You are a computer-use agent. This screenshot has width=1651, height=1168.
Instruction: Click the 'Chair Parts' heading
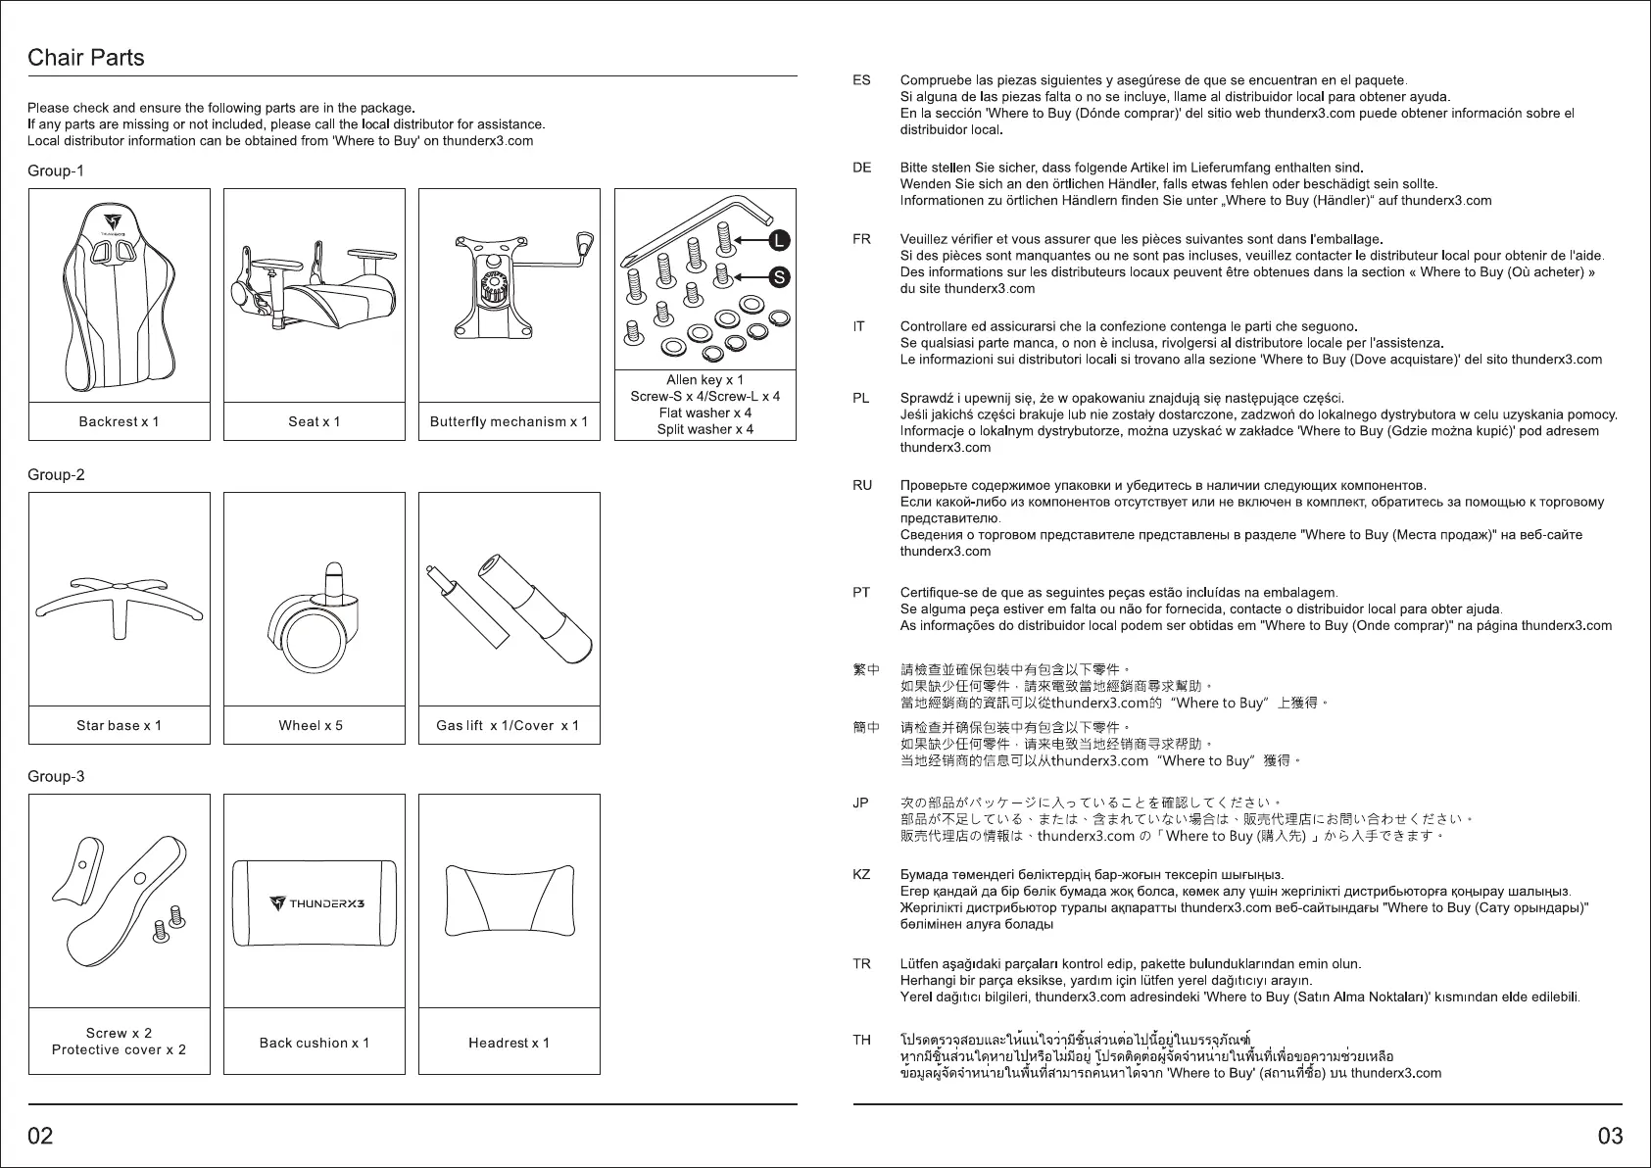coord(86,58)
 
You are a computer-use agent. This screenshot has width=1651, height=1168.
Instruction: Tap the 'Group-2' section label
coord(56,474)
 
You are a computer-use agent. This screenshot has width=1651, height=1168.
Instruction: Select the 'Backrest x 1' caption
coord(119,421)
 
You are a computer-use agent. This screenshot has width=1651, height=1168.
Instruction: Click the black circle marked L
coord(779,239)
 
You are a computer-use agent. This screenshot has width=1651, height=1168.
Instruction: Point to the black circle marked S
coord(779,277)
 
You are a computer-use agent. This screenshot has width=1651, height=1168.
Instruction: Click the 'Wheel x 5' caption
coord(311,725)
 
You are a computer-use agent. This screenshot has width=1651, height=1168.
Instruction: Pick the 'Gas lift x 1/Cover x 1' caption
coord(508,725)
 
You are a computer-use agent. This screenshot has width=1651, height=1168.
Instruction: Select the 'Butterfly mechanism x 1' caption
coord(509,421)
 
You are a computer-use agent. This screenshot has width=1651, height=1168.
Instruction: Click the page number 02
coord(41,1136)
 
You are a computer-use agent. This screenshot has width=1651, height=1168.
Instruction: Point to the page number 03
coord(1610,1136)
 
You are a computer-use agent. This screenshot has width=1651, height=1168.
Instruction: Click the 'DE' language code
coord(861,168)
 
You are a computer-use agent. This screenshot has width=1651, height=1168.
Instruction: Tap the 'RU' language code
coord(862,485)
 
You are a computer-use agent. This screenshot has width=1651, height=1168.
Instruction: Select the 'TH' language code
coord(861,1040)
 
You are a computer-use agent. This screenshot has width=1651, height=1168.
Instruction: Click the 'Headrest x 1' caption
coord(509,1043)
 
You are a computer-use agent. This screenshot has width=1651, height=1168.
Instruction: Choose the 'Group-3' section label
coord(56,776)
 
